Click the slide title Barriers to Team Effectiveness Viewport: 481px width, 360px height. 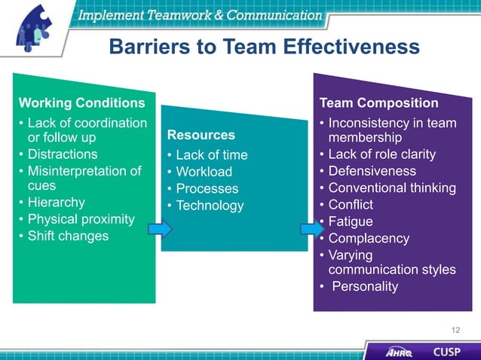pyautogui.click(x=264, y=47)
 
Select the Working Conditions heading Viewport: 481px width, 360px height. pyautogui.click(x=81, y=102)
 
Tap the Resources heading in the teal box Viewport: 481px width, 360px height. pyautogui.click(x=201, y=136)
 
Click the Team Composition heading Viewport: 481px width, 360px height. pyautogui.click(x=378, y=102)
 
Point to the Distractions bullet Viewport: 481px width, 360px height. pyautogui.click(x=63, y=154)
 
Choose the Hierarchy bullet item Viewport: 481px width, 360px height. pyautogui.click(x=57, y=203)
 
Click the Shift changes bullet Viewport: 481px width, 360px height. pyautogui.click(x=68, y=236)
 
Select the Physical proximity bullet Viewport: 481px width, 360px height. pyautogui.click(x=81, y=219)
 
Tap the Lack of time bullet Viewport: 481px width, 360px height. pyautogui.click(x=211, y=155)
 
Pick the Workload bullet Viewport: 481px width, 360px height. pyautogui.click(x=204, y=172)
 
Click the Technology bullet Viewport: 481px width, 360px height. pyautogui.click(x=210, y=206)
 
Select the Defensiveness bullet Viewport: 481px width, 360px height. pyautogui.click(x=372, y=171)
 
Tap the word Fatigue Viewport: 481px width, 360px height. pyautogui.click(x=351, y=221)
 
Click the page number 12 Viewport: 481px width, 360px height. pyautogui.click(x=455, y=330)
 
